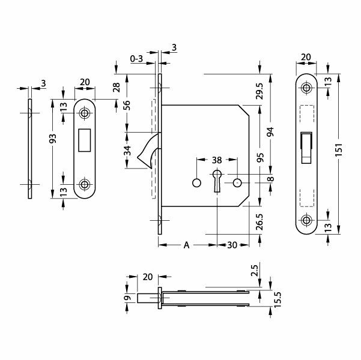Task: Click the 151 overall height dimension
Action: (339, 150)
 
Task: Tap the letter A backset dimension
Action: (186, 245)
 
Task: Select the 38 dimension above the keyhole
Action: (217, 160)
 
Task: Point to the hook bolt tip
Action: (138, 158)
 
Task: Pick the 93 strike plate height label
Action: (53, 139)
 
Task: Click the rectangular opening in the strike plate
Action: (85, 140)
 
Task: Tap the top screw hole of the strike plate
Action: (84, 113)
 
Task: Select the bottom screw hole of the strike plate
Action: (84, 184)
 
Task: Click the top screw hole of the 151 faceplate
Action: (306, 88)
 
